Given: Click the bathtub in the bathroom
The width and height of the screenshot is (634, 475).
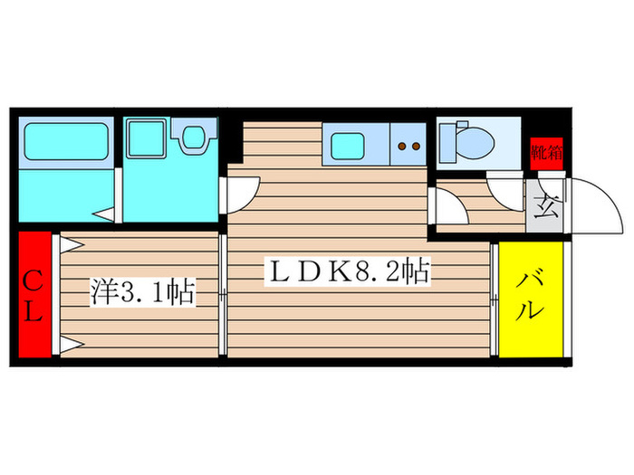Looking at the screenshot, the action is pyautogui.click(x=66, y=141).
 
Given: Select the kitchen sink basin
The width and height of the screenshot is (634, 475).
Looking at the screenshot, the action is pyautogui.click(x=347, y=147).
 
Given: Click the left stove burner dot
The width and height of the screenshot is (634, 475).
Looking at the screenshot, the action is pyautogui.click(x=401, y=147).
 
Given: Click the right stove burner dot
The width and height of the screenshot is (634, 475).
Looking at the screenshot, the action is pyautogui.click(x=416, y=147).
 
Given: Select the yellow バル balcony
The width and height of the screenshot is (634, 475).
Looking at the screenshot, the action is pyautogui.click(x=531, y=299).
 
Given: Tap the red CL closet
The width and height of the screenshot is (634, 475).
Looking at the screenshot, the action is pyautogui.click(x=34, y=294).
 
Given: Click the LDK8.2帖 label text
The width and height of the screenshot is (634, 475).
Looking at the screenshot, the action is pyautogui.click(x=347, y=271).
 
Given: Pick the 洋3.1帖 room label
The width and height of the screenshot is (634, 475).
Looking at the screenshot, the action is pyautogui.click(x=142, y=291).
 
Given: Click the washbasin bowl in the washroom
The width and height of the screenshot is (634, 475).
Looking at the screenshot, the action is pyautogui.click(x=194, y=138).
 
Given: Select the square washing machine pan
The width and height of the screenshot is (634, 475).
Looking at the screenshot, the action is pyautogui.click(x=146, y=138).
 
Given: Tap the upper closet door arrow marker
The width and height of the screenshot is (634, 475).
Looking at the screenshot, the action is pyautogui.click(x=72, y=245).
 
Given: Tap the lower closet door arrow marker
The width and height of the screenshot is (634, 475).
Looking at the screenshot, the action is pyautogui.click(x=72, y=344).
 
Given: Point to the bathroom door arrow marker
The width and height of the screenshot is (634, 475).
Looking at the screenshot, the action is pyautogui.click(x=104, y=214).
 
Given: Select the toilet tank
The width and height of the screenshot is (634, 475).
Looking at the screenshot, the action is pyautogui.click(x=447, y=143).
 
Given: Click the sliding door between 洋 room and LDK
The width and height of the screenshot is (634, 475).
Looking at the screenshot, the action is pyautogui.click(x=223, y=295).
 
